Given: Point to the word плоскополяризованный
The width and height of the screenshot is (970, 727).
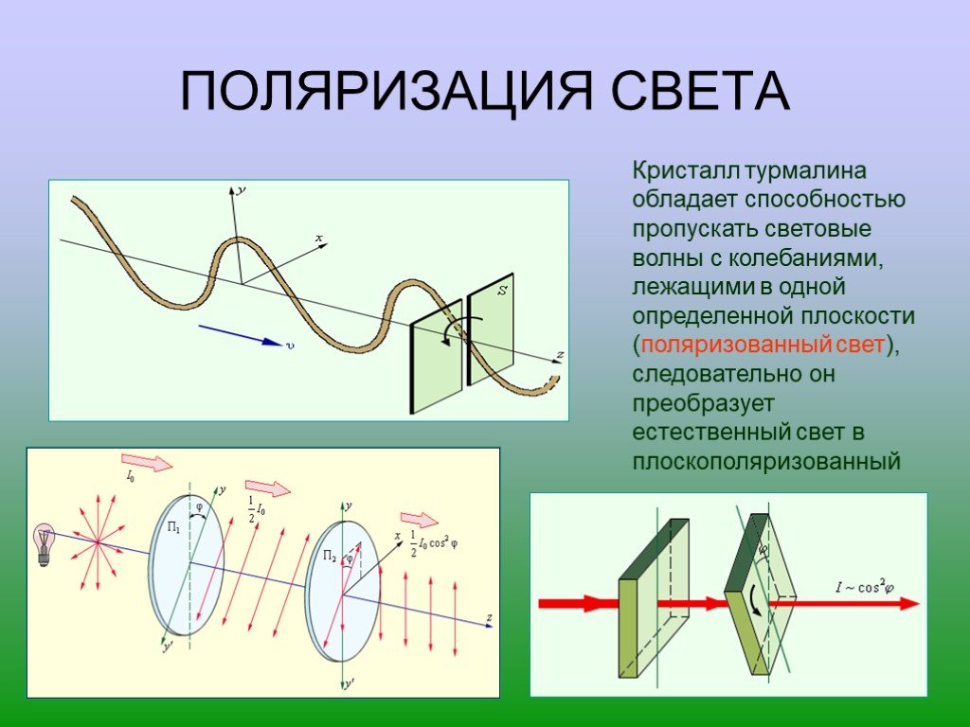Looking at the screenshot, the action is (765, 462).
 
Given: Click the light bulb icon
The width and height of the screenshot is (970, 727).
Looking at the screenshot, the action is (44, 544).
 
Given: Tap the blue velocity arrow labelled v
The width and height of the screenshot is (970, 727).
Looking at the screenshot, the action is (241, 334).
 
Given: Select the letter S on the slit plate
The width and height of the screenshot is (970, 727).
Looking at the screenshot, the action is (503, 290).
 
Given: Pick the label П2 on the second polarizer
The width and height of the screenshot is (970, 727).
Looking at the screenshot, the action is (330, 555).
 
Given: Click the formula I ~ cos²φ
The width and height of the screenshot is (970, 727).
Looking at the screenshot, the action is (865, 586).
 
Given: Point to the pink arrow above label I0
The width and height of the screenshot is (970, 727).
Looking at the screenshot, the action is (147, 462).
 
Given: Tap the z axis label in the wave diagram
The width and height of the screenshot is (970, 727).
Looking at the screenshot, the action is (560, 354).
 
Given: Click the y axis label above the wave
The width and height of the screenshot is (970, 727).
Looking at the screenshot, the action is (242, 189).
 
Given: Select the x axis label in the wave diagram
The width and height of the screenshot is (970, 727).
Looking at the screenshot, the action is (319, 238).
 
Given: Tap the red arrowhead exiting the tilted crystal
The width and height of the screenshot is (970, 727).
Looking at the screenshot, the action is (908, 603).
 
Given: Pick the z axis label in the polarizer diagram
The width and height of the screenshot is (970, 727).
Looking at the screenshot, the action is (489, 617).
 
